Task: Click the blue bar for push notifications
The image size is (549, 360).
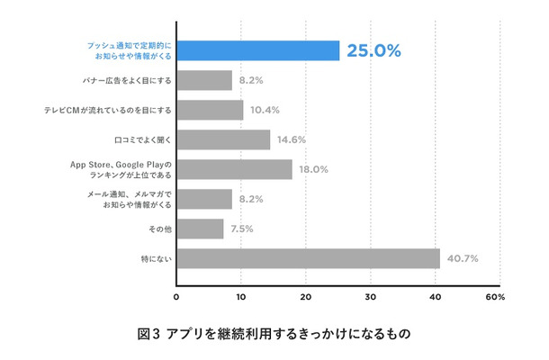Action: pos(257,50)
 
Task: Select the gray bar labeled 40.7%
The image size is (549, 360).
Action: pos(308,258)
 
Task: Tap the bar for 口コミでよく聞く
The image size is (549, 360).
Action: pos(223,139)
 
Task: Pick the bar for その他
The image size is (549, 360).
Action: pos(200,229)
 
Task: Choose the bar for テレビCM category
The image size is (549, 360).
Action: pos(210,110)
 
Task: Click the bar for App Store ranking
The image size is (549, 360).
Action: pos(234,169)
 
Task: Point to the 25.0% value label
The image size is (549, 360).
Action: pos(374,51)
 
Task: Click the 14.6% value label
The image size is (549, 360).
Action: pos(291,139)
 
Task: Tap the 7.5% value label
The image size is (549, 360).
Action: pos(241,229)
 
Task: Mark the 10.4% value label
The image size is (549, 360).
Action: pos(264,110)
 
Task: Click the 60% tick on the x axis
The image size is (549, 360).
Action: pos(495,296)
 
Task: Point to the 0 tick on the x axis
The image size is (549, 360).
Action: pos(176,296)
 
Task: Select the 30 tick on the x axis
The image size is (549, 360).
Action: pos(372,296)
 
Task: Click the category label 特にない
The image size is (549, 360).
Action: pos(157,259)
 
